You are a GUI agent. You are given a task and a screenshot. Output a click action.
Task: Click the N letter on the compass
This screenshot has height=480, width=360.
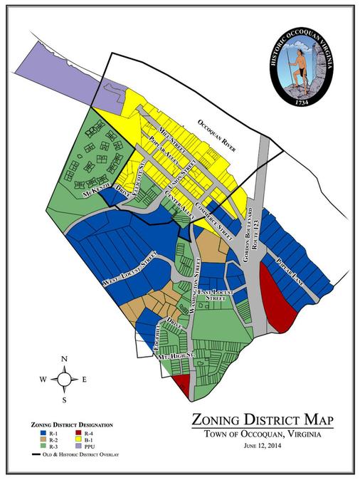64,358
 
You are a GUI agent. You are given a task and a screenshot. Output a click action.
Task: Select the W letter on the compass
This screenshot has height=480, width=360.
43,380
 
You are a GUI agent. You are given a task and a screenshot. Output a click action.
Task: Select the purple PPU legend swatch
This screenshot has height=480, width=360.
78,447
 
